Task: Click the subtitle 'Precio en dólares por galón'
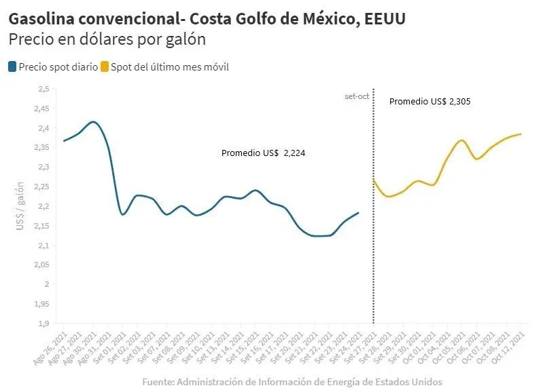[x=107, y=39]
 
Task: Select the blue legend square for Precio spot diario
[x=12, y=67]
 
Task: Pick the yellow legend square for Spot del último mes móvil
[x=105, y=67]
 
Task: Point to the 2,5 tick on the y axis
[x=43, y=89]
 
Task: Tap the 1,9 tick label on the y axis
[x=43, y=324]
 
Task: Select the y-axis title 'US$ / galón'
[x=21, y=205]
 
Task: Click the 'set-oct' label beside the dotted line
[x=357, y=96]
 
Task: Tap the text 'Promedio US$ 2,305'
[x=430, y=102]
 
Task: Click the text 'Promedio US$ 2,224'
[x=263, y=153]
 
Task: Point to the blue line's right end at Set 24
[x=358, y=213]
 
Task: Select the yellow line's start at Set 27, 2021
[x=374, y=180]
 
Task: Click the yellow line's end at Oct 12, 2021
[x=521, y=134]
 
